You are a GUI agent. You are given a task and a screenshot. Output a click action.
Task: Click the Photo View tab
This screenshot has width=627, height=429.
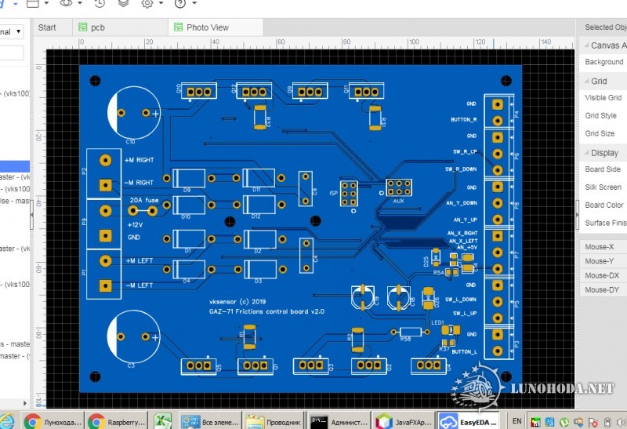click(207, 27)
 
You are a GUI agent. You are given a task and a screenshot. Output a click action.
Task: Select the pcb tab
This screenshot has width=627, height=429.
click(97, 27)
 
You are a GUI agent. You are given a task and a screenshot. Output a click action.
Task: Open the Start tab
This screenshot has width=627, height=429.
click(47, 27)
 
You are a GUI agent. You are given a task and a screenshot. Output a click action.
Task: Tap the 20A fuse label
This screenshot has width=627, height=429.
click(146, 201)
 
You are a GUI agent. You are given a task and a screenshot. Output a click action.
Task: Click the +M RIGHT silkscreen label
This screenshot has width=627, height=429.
click(139, 160)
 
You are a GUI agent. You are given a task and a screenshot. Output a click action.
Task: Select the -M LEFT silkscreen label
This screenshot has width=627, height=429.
click(139, 285)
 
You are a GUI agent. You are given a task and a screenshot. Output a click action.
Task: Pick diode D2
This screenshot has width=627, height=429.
click(259, 238)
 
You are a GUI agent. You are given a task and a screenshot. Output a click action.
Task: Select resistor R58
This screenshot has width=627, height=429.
click(408, 332)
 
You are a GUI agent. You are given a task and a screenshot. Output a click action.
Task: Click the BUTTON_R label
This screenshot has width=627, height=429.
click(464, 119)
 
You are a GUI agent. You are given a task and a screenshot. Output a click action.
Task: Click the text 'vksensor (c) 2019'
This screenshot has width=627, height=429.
click(237, 300)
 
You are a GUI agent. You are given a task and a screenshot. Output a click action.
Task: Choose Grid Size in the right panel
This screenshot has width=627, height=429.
click(600, 133)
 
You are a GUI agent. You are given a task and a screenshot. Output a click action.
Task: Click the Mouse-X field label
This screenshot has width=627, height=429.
click(600, 247)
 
